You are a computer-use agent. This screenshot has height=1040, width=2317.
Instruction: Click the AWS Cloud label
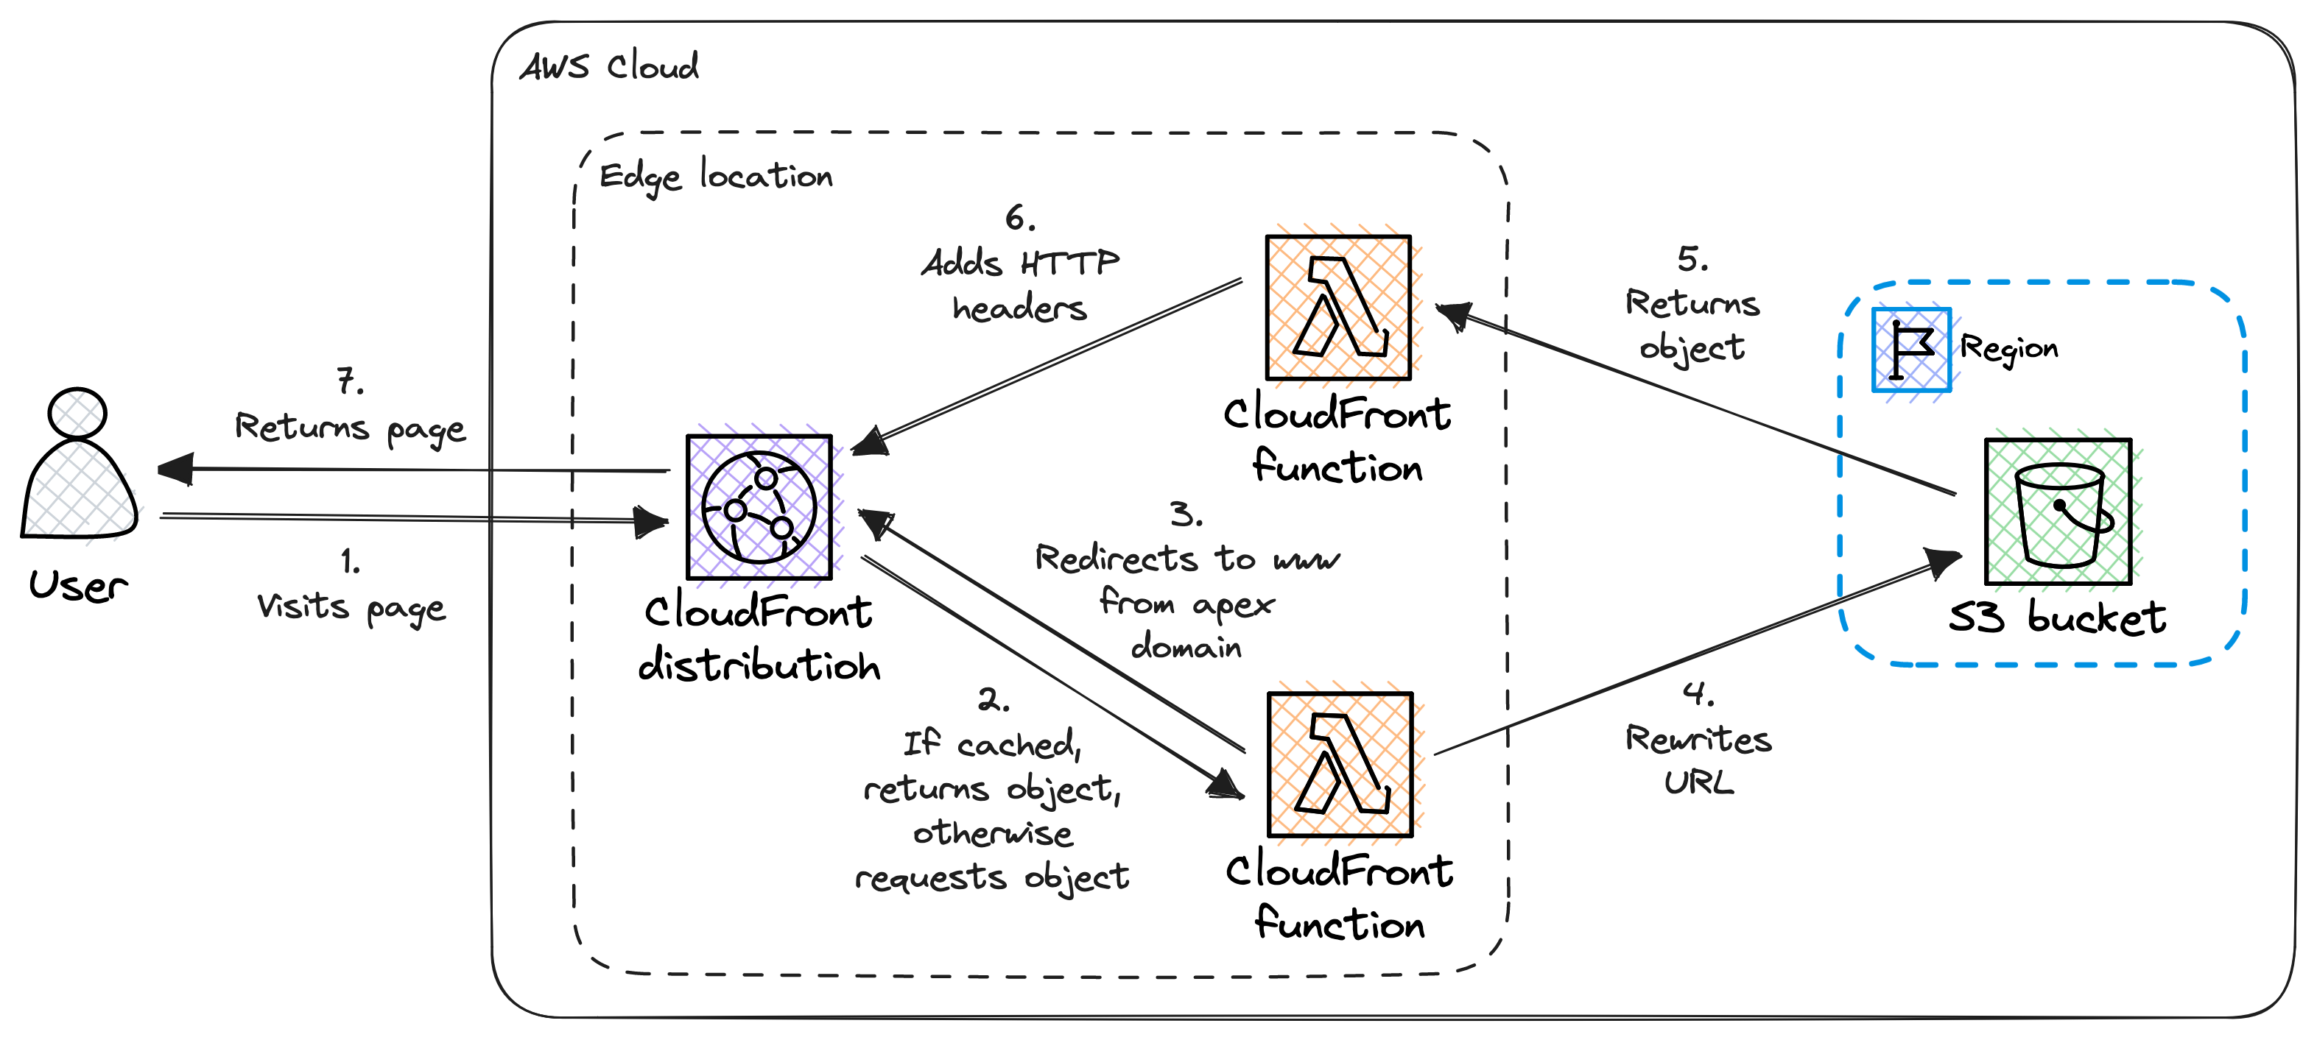(609, 66)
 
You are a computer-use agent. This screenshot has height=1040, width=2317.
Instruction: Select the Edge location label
(716, 176)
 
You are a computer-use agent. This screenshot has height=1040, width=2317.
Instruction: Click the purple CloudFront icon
(767, 505)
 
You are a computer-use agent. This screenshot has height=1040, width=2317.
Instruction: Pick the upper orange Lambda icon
(1345, 306)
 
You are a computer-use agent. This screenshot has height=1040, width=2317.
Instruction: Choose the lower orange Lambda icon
(1347, 763)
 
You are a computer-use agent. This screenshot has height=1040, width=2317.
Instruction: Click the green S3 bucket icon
(2065, 511)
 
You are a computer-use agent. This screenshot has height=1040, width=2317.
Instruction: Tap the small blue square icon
(1911, 350)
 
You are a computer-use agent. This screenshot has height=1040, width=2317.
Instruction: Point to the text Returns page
(350, 428)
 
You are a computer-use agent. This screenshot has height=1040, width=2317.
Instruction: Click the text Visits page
(351, 608)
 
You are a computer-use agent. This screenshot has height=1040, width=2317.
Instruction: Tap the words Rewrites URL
(1698, 760)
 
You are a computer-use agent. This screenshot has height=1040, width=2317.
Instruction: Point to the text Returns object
(1692, 325)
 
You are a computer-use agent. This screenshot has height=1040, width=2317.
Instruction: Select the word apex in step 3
(1233, 604)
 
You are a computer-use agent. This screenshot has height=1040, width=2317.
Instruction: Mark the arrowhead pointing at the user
(175, 469)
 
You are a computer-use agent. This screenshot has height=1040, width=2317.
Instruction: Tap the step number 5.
(1691, 260)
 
